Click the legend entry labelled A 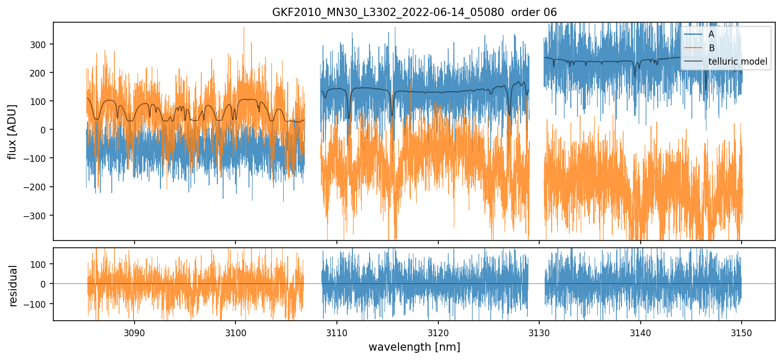[711, 34]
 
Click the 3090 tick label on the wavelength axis [135, 332]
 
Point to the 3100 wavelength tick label [235, 332]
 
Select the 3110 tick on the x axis [337, 332]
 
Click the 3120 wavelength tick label [438, 332]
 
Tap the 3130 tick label [539, 332]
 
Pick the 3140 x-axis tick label [641, 332]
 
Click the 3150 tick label [742, 332]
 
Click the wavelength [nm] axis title [414, 347]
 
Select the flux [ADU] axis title [12, 131]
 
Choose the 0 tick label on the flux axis [44, 130]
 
